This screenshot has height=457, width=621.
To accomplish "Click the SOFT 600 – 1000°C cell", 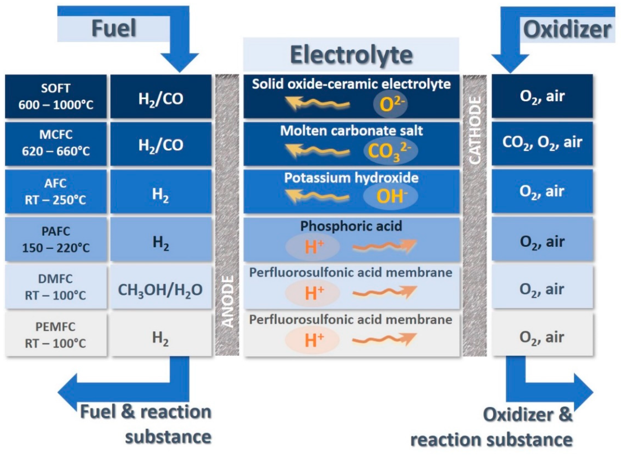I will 56,96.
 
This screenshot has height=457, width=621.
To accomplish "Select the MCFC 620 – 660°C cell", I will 56,143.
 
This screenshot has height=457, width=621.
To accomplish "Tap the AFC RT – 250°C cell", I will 56,192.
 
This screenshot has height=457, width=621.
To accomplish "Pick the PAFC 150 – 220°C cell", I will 56,239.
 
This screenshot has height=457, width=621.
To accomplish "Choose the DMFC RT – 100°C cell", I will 56,287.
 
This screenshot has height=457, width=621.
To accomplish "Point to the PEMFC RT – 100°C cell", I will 56,335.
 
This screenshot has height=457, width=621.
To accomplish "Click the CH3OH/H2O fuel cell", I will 160,290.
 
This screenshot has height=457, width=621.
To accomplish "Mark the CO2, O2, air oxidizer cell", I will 542,143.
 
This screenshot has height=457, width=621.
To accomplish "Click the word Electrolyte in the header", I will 351,55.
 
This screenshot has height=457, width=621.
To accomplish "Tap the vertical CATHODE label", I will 475,130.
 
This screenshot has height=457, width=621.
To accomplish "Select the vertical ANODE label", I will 228,301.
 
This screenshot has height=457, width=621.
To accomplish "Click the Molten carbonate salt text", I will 351,131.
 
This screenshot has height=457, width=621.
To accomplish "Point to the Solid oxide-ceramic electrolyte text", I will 351,84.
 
